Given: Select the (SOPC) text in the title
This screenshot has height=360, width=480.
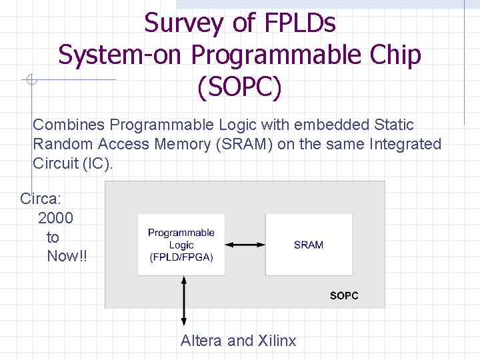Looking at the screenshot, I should click(x=240, y=87).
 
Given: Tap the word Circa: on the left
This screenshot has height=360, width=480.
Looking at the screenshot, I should click(x=43, y=199).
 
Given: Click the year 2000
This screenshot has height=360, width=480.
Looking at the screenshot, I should click(x=56, y=218).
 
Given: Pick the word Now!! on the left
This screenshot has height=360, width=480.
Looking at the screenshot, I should click(x=67, y=257).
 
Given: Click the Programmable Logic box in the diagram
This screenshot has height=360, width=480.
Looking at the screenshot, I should click(x=181, y=245).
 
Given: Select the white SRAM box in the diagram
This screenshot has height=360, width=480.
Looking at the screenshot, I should click(x=309, y=245).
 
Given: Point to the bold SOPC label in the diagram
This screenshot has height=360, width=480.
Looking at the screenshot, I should click(x=344, y=295).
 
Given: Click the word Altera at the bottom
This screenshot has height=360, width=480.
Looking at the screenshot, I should click(x=201, y=341).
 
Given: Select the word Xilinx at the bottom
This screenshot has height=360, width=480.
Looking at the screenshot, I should click(x=277, y=341).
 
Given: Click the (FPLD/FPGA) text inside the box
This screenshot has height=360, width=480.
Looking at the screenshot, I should click(x=181, y=257).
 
